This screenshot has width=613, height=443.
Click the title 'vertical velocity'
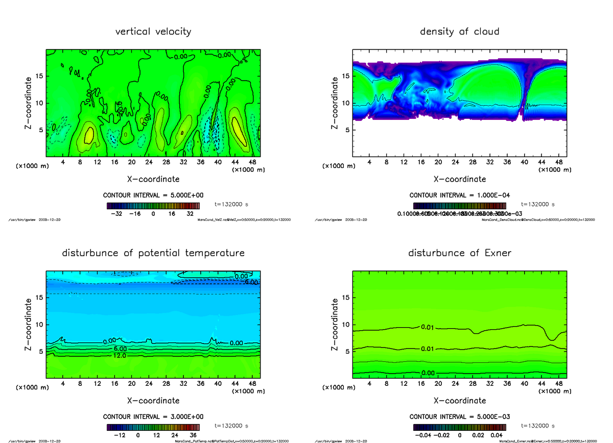pyautogui.click(x=153, y=32)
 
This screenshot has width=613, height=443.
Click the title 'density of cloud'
pyautogui.click(x=459, y=32)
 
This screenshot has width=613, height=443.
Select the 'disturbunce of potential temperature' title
pyautogui.click(x=153, y=253)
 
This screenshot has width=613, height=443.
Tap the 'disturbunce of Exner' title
pyautogui.click(x=459, y=253)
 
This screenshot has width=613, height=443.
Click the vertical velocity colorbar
pyautogui.click(x=153, y=206)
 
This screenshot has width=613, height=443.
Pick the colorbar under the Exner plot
pyautogui.click(x=460, y=428)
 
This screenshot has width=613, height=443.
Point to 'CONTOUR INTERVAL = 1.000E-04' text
pyautogui.click(x=460, y=195)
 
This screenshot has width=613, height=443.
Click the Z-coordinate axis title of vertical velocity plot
pyautogui.click(x=29, y=103)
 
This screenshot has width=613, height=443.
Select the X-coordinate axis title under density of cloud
pyautogui.click(x=460, y=179)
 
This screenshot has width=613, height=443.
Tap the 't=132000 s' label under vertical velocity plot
pyautogui.click(x=231, y=204)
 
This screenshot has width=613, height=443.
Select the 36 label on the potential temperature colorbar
pyautogui.click(x=193, y=435)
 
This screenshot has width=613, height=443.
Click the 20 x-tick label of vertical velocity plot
pyautogui.click(x=131, y=162)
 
